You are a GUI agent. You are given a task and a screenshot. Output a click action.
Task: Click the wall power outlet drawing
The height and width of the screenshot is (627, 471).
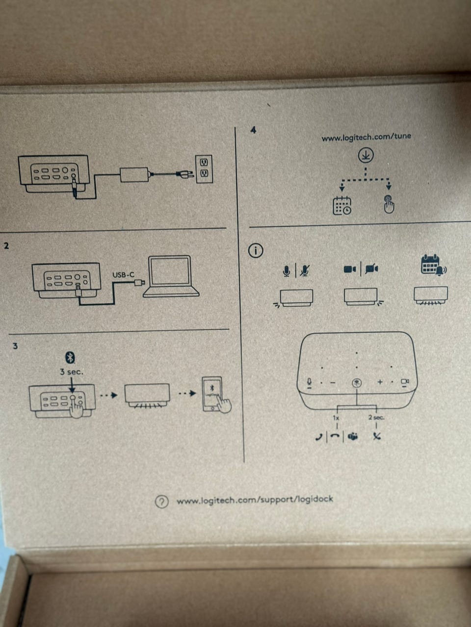204,169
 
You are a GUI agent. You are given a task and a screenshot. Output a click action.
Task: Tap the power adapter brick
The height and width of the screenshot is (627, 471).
134,174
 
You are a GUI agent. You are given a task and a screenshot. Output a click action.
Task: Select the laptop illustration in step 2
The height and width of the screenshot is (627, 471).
171,276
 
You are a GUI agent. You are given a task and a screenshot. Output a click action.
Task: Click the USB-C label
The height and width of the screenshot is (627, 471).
123,275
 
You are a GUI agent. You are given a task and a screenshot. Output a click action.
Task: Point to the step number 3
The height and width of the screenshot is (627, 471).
15,346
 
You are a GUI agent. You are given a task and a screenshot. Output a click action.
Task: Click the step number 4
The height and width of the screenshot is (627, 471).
253,130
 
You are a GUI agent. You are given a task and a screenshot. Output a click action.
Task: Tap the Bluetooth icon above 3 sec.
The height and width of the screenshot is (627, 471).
71,358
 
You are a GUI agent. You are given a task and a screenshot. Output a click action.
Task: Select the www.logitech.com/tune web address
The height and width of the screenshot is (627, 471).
366,137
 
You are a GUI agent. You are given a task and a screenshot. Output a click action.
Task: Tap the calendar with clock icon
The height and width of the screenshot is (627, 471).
341,205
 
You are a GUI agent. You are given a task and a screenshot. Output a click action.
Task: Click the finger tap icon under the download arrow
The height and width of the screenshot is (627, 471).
389,204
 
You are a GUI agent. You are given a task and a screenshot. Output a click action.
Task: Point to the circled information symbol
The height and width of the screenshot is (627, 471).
256,251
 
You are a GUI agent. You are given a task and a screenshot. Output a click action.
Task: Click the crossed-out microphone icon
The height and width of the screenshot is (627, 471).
305,269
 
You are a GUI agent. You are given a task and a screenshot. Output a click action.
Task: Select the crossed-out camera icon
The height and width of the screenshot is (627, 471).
371,268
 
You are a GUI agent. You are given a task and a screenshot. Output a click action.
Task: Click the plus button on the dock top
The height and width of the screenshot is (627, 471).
379,382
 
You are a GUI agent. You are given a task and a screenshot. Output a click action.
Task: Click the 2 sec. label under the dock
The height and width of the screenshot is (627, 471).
376,418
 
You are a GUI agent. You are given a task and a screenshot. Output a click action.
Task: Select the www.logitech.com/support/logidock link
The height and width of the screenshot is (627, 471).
255,500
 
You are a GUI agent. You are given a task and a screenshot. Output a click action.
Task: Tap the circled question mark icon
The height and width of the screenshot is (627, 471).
161,502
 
